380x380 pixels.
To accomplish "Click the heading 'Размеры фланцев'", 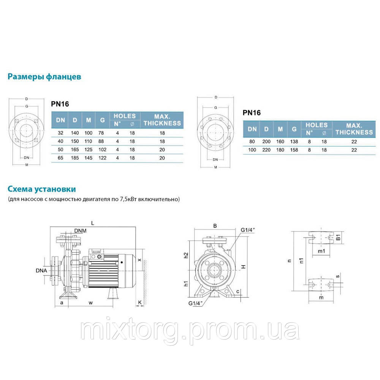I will click(x=44, y=77).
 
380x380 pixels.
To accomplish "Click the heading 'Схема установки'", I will click(x=42, y=189).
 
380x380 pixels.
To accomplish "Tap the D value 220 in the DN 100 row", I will click(x=266, y=150).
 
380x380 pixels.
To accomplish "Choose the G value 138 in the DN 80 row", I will click(x=294, y=141).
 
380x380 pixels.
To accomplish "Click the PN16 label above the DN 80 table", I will click(x=251, y=112).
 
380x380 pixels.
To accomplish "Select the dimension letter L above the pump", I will click(x=93, y=223).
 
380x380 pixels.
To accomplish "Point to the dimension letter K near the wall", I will click(x=140, y=303).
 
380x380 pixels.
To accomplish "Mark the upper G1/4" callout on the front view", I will click(x=248, y=230).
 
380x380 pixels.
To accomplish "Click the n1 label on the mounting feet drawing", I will click(x=302, y=261).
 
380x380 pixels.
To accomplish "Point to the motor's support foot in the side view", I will click(x=113, y=293).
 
